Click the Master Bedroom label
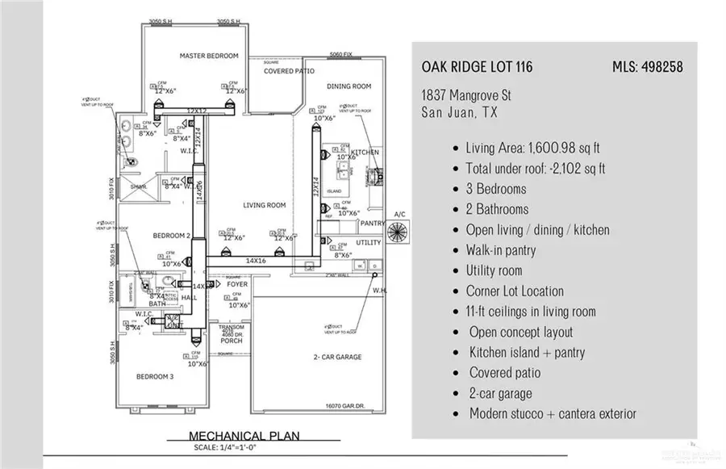(x=209, y=56)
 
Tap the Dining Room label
(x=348, y=86)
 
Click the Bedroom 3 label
(x=153, y=377)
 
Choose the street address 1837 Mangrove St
(x=466, y=96)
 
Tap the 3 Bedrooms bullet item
(x=495, y=189)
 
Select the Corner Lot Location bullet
(x=515, y=291)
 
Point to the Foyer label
(x=237, y=284)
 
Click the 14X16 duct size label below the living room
(x=256, y=261)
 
